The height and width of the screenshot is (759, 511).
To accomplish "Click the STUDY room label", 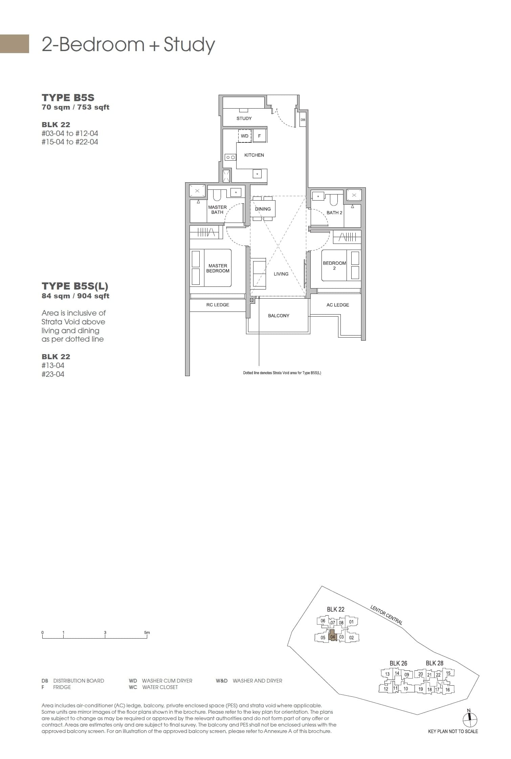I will [x=244, y=118].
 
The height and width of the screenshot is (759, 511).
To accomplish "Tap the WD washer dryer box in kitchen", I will [x=245, y=136].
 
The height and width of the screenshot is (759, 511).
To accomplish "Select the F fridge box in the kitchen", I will [x=260, y=136].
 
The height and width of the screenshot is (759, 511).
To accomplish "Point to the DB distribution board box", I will [x=303, y=120].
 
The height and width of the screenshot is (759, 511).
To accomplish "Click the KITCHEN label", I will [x=254, y=155].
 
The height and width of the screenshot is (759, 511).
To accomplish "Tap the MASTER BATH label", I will [x=217, y=210].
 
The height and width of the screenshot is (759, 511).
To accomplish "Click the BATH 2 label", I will [x=334, y=212].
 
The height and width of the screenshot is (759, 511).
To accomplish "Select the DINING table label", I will [x=263, y=209].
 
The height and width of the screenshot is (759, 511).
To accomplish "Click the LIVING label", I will [x=281, y=274].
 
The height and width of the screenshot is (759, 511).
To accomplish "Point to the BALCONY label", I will [x=279, y=316].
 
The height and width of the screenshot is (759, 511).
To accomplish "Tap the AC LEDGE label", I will [x=338, y=305].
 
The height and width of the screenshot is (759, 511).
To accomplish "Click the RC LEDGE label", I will [x=218, y=305].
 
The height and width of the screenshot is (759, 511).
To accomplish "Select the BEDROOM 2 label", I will [x=334, y=266].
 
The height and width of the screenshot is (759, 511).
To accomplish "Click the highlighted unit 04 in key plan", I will [x=333, y=637].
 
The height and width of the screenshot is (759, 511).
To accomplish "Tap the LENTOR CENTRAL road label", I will [x=386, y=615].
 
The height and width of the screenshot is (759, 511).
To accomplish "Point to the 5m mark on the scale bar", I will [x=147, y=632].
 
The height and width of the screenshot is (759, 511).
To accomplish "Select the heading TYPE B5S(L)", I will [x=75, y=286].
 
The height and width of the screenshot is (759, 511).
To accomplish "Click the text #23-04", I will [x=53, y=374].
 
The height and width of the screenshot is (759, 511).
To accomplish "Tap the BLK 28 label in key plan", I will [x=434, y=663].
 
